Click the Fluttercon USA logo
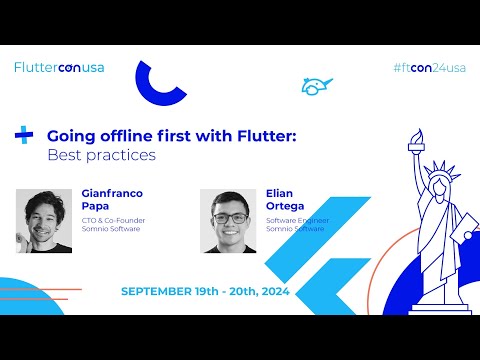[x=59, y=68]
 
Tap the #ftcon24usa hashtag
[x=429, y=68]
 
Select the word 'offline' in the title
[x=125, y=135]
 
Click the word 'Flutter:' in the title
[x=264, y=135]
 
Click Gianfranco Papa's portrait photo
[x=44, y=220]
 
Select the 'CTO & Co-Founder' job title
[x=110, y=220]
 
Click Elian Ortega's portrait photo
[x=228, y=220]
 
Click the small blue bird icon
[x=316, y=86]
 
